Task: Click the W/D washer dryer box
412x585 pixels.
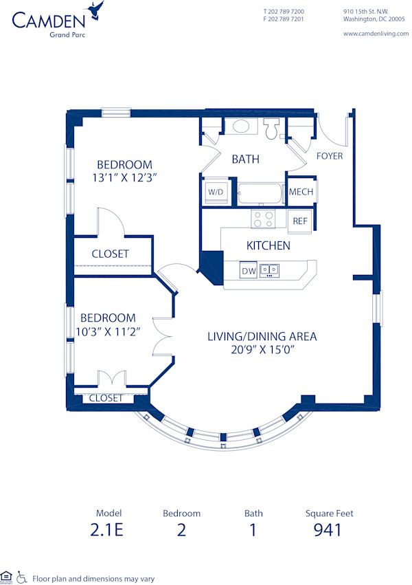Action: pos(216,192)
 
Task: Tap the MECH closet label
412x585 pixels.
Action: pos(301,192)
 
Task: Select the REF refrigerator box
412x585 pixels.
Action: pos(300,221)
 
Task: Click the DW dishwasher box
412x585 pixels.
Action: pos(248,271)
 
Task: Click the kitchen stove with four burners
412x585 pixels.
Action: pos(262,219)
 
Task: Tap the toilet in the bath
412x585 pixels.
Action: pos(272,129)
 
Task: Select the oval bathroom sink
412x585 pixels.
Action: pos(241,126)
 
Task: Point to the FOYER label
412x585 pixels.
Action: pos(329,156)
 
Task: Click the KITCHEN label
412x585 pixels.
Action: pos(268,245)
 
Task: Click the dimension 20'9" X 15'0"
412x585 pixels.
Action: pos(262,349)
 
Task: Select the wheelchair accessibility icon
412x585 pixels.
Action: pos(21,577)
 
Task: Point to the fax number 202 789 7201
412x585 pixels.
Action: pos(284,19)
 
